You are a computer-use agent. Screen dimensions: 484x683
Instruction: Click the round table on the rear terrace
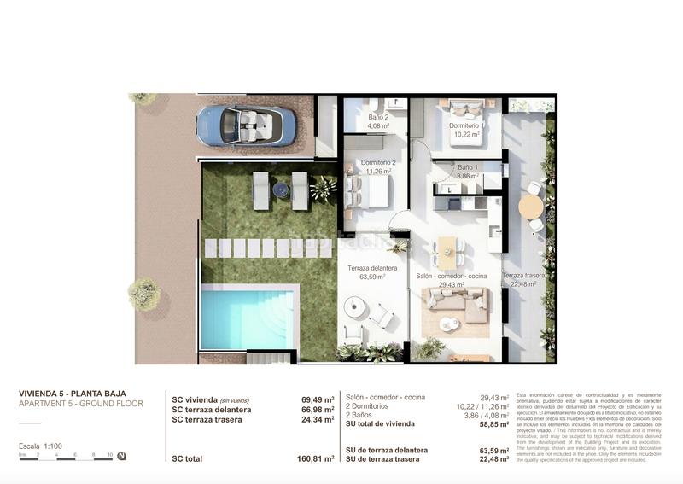tap(532, 206)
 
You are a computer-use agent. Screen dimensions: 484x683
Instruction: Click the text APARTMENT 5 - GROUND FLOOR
tap(80, 404)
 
